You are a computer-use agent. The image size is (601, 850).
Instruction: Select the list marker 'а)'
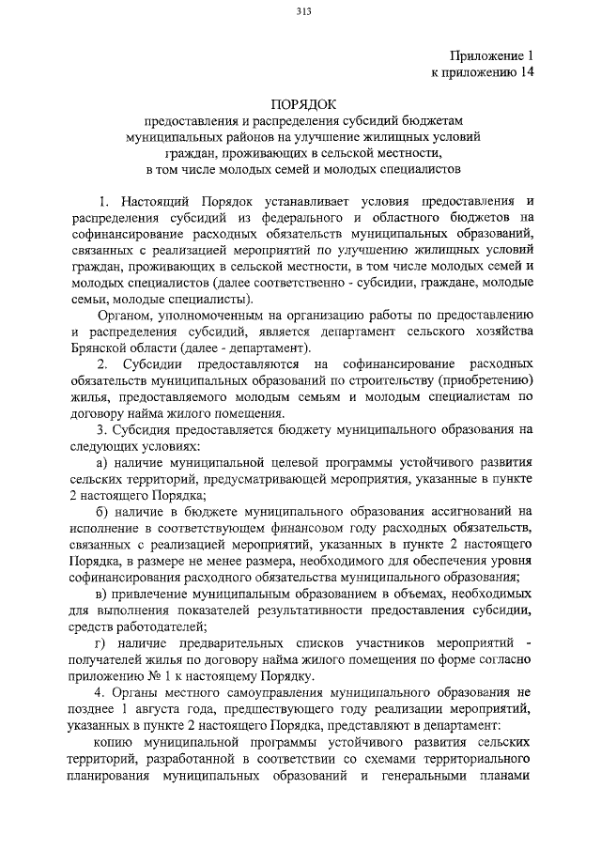[104, 462]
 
